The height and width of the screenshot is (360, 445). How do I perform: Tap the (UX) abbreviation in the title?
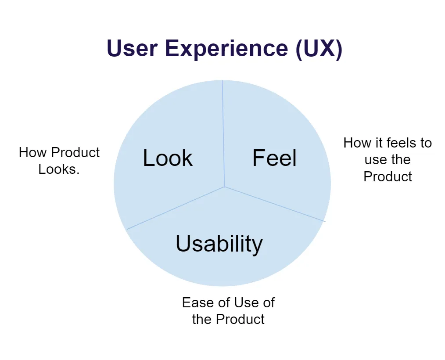tap(319, 48)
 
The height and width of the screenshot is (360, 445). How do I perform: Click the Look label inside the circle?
tap(168, 158)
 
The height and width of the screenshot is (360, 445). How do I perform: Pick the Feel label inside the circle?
tap(274, 158)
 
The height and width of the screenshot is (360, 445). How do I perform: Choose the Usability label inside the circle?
tap(219, 243)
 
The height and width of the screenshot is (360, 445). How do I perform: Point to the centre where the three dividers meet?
tap(224, 187)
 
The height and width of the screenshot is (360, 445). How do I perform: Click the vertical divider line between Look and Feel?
tap(223, 132)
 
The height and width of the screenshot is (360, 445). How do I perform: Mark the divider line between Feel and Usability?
tap(276, 204)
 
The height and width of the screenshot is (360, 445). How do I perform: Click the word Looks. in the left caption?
tap(59, 169)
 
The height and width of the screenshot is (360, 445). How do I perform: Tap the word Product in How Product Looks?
tap(75, 153)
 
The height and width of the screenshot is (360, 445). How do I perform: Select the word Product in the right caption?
tap(388, 176)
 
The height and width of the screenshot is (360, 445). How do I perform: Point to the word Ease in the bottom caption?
tap(194, 302)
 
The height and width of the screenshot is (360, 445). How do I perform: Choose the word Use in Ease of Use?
tap(246, 302)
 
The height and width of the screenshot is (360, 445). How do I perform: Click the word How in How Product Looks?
tap(30, 153)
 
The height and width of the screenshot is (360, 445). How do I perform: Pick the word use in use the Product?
tap(376, 159)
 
